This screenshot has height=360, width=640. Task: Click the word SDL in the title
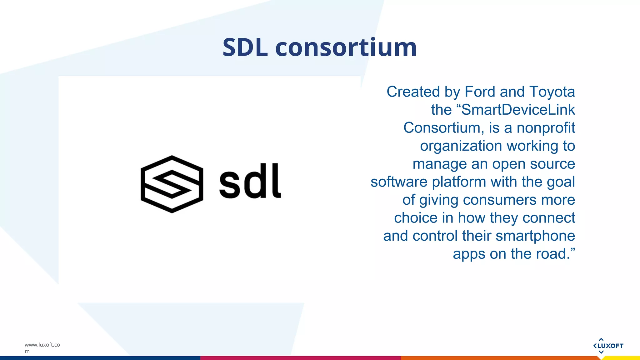[x=245, y=47]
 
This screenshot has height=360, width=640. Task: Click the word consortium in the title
[x=346, y=47]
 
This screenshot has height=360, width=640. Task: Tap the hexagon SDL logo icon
[x=172, y=184]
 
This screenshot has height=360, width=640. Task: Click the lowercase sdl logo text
[x=250, y=181]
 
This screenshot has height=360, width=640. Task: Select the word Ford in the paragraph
[x=480, y=92]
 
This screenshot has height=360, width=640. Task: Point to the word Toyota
[x=552, y=92]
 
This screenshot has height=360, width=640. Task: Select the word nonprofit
[x=546, y=128]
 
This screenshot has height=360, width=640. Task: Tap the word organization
[x=461, y=146]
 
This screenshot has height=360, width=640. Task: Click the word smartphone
[x=535, y=236]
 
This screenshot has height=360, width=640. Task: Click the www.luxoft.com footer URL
[x=42, y=347]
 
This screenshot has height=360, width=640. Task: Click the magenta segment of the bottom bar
[x=300, y=358]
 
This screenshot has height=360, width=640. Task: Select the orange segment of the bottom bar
[x=500, y=358]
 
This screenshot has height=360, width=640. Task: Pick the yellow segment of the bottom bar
[x=622, y=358]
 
